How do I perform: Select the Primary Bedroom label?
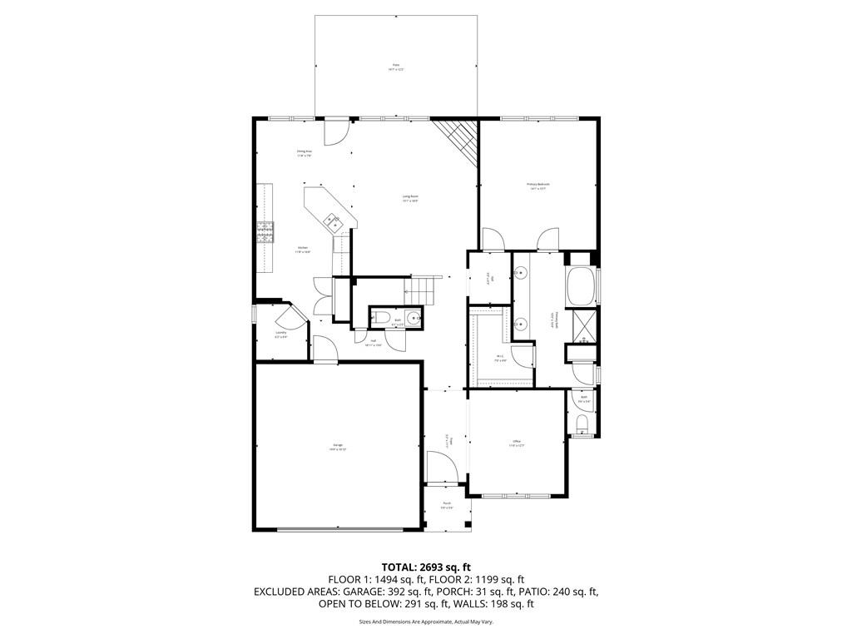click(x=537, y=186)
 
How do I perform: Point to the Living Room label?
click(x=409, y=198)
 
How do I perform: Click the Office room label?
click(x=517, y=443)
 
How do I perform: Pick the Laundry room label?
click(x=281, y=334)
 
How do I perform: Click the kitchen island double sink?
click(x=334, y=221)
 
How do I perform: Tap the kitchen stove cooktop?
click(x=265, y=230)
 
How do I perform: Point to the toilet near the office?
click(x=582, y=425)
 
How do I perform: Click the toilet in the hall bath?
click(x=379, y=317)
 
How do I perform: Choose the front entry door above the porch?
click(x=441, y=467)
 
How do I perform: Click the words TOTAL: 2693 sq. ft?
click(x=425, y=567)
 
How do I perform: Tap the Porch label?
click(x=447, y=504)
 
